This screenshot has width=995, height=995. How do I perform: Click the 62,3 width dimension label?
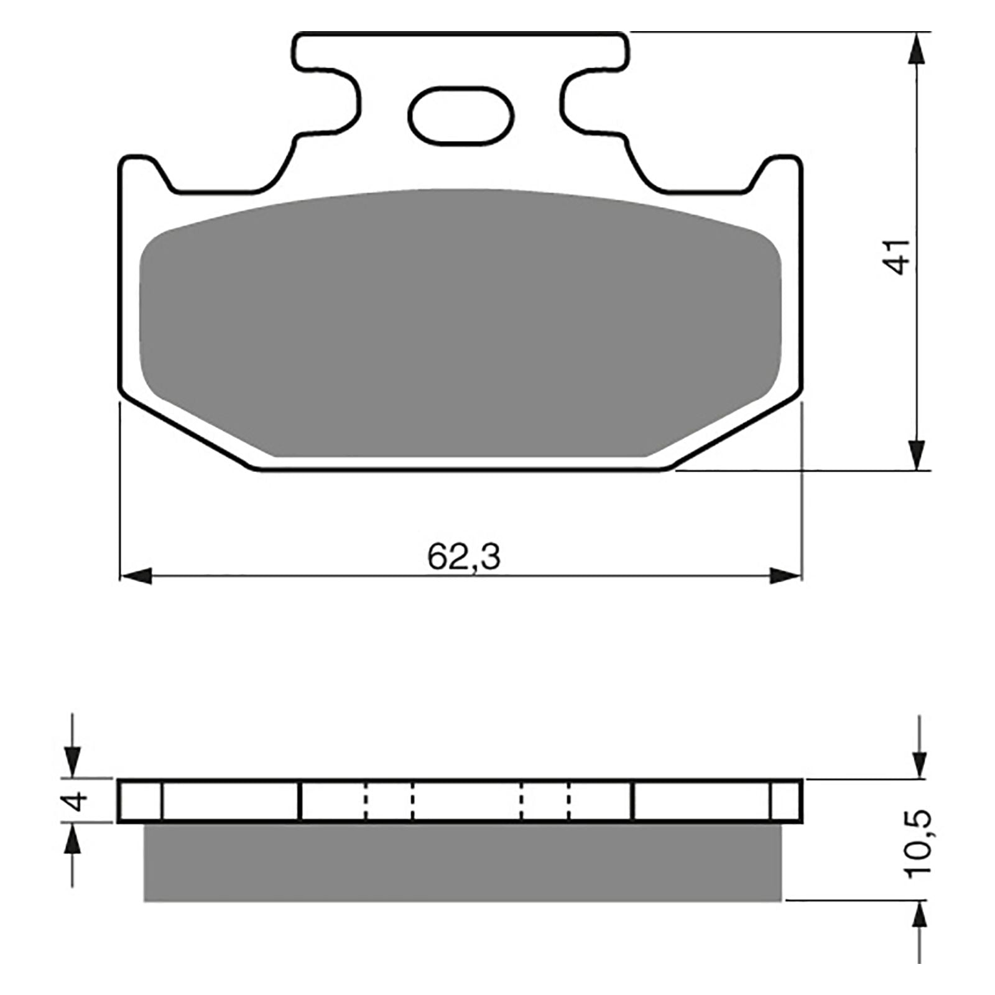[463, 557]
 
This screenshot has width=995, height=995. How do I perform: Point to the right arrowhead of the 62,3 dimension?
[785, 576]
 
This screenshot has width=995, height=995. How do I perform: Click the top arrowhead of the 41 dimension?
[915, 49]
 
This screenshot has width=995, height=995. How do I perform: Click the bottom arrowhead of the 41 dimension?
[915, 454]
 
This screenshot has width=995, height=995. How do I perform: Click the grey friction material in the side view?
[462, 863]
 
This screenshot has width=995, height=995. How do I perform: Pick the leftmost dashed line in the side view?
[366, 801]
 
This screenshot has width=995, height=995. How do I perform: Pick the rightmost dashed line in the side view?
[568, 801]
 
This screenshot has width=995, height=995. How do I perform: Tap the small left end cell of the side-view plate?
[140, 801]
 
